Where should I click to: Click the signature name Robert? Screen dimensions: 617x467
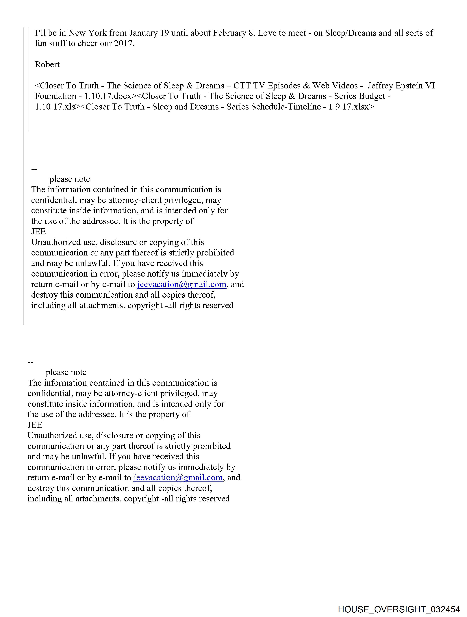47,65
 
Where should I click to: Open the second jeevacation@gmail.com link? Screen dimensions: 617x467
178,478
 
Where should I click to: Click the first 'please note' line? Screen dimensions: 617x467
70,179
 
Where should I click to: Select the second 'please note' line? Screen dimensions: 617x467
66,372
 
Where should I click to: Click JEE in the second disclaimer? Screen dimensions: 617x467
35,425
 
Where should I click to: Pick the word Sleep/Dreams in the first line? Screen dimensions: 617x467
351,33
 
